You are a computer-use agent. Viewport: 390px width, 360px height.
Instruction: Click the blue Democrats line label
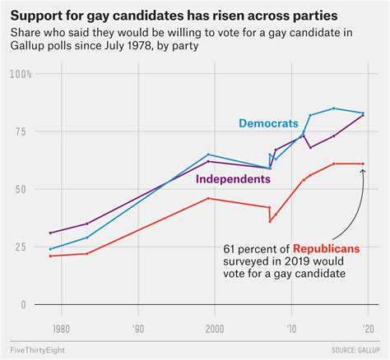[268, 123]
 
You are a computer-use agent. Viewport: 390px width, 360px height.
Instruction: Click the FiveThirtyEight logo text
[39, 351]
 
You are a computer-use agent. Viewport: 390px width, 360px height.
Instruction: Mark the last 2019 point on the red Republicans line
[363, 164]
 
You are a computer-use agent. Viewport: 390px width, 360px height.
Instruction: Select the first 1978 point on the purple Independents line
[50, 233]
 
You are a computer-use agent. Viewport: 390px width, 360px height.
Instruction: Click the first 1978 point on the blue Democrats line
[50, 249]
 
